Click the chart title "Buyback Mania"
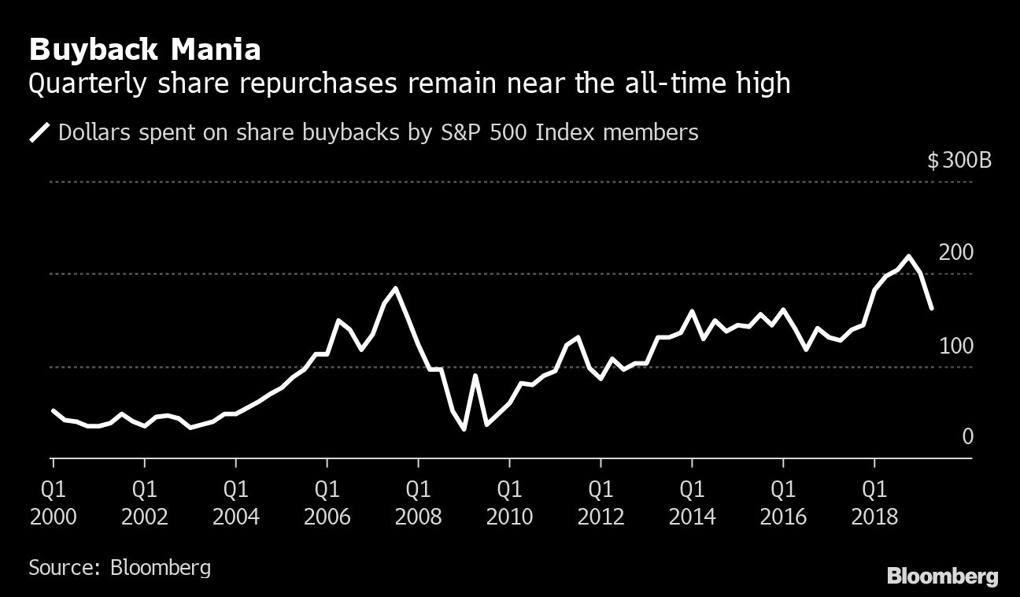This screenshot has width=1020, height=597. click(x=144, y=50)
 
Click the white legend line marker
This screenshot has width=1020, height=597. click(x=39, y=132)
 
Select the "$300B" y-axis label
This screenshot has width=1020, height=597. click(x=959, y=161)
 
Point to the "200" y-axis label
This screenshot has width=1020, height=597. click(x=956, y=253)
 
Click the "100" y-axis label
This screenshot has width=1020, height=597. click(x=956, y=346)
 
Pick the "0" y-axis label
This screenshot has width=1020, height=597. click(x=968, y=436)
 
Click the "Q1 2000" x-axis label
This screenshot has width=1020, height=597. click(x=53, y=502)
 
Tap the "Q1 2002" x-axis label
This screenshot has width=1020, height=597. click(x=144, y=502)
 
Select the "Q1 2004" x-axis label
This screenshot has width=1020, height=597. click(x=235, y=502)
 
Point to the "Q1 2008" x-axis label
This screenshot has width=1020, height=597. click(x=418, y=502)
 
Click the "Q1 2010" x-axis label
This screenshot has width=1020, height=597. click(x=509, y=502)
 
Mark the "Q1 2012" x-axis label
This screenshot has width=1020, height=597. click(x=601, y=502)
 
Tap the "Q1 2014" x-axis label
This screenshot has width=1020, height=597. click(x=692, y=502)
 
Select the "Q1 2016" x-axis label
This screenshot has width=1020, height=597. click(x=783, y=502)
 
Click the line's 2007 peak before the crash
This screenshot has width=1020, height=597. click(x=395, y=288)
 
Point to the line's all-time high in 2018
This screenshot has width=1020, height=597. click(x=909, y=256)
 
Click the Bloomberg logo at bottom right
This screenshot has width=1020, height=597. click(x=942, y=576)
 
